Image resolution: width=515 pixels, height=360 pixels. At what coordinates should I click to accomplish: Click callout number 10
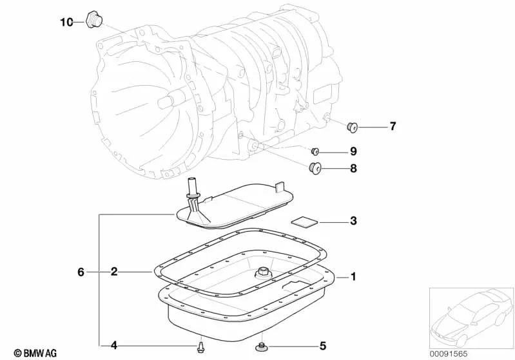67,22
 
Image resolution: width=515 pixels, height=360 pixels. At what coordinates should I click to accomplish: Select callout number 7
393,126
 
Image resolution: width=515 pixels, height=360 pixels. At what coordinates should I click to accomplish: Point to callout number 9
353,152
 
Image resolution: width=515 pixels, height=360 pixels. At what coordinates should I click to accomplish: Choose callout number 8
353,169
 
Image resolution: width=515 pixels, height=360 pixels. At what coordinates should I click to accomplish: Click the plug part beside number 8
315,169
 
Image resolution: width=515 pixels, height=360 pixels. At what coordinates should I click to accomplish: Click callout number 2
113,272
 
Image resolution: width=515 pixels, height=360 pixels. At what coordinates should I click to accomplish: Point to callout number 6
81,272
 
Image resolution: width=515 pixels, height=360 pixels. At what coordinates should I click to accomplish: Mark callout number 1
353,277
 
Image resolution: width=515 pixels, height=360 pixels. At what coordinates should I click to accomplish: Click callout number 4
113,345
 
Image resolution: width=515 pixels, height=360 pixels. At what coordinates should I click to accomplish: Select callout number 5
322,345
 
